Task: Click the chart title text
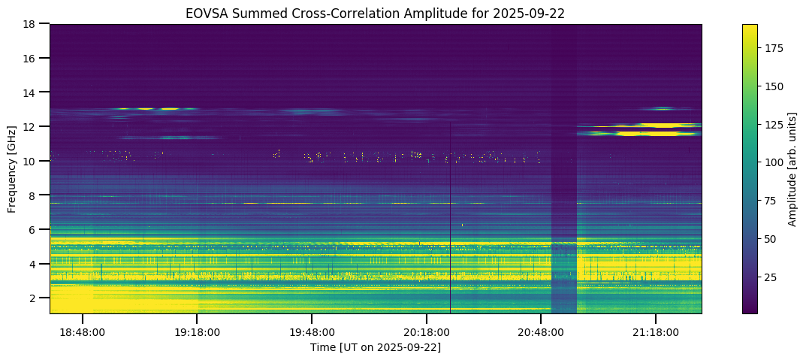point(376,13)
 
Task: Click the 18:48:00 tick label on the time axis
point(82,331)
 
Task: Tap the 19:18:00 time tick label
point(197,331)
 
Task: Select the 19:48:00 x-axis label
point(312,331)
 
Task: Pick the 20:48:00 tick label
point(541,331)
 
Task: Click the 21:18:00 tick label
point(656,331)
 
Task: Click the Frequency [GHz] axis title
point(13,169)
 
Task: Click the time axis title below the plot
point(376,347)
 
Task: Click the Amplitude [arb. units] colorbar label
point(792,169)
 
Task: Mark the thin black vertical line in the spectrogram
point(450,225)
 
